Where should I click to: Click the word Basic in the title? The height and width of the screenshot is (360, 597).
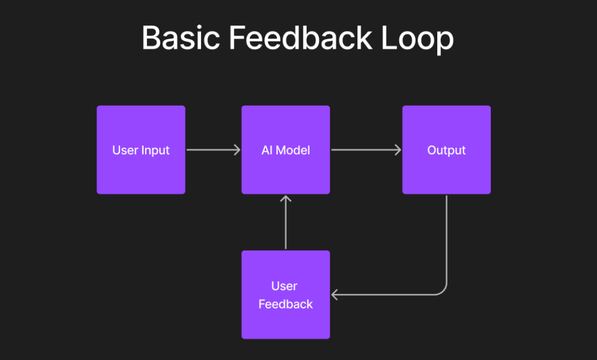[180, 39]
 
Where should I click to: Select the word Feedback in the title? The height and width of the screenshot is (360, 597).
[300, 39]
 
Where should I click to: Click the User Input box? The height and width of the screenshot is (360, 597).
[141, 150]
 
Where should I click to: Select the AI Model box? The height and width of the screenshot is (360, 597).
[286, 150]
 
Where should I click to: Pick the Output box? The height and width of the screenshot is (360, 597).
[447, 150]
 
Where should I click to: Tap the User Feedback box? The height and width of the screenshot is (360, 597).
[286, 295]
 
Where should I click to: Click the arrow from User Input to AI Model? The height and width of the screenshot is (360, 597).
[213, 150]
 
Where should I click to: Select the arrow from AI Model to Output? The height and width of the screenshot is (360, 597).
[366, 150]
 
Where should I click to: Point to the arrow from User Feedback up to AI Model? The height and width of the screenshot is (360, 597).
[286, 223]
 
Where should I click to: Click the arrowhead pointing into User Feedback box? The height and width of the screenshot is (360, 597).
[335, 295]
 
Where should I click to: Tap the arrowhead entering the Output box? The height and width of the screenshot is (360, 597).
[398, 150]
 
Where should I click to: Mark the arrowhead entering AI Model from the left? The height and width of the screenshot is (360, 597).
[237, 150]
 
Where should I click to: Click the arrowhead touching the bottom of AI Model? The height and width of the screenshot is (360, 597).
[286, 199]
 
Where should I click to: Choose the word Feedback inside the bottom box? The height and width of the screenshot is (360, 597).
[286, 304]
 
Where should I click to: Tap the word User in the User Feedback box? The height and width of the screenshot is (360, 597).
[285, 286]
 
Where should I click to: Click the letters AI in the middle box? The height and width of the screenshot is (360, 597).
[267, 150]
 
